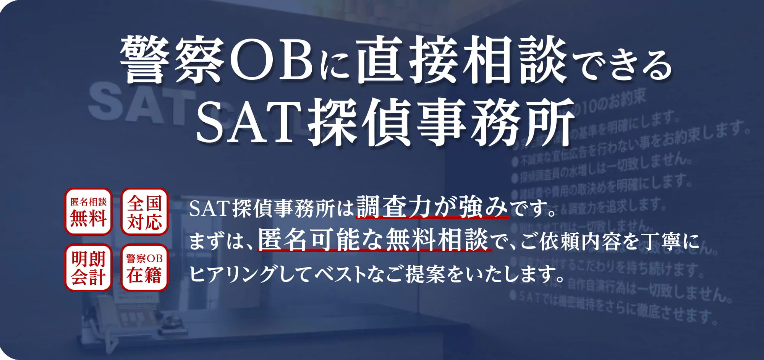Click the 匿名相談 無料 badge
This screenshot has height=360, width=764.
pos(88,211)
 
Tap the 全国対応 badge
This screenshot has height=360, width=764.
pos(144,211)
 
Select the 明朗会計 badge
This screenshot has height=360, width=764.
pos(88,268)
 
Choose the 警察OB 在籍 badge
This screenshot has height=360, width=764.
pos(144,268)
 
